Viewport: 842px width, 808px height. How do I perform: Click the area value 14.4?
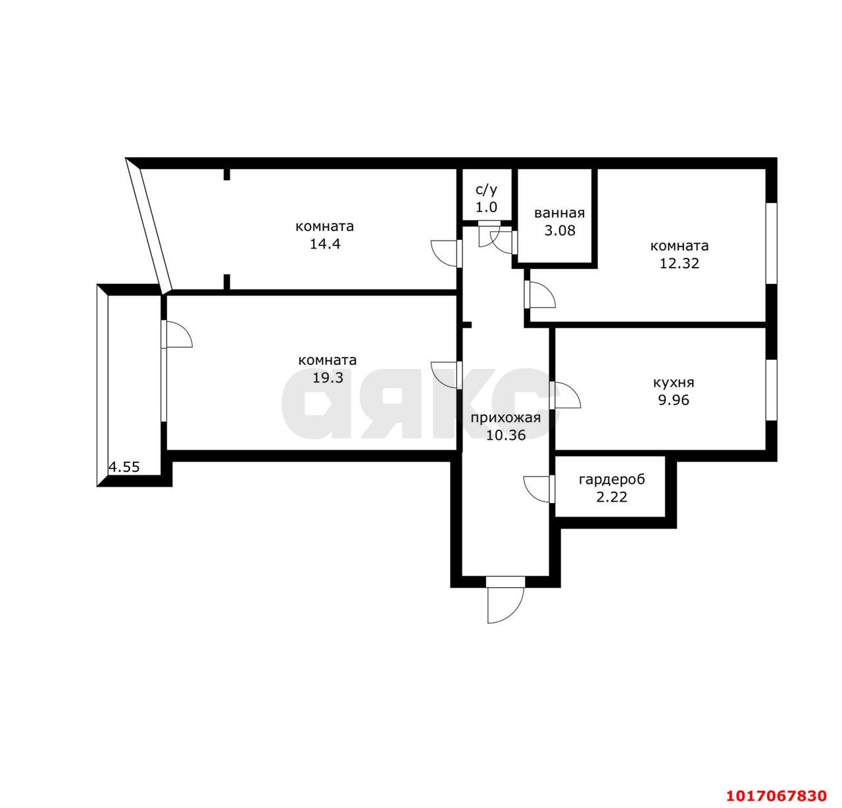[x=325, y=244]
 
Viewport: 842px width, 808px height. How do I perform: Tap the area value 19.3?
[x=328, y=378]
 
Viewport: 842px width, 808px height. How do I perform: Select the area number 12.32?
[x=680, y=264]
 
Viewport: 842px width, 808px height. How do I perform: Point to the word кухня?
[x=674, y=383]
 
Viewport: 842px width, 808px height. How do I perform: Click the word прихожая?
[x=506, y=418]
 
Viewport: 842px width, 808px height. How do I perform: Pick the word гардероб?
[x=612, y=479]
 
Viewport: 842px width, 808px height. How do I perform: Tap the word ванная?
[x=559, y=213]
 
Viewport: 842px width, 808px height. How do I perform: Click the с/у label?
[x=486, y=190]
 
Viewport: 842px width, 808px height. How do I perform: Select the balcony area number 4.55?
[x=124, y=467]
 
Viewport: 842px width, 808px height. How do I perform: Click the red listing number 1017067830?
[x=776, y=796]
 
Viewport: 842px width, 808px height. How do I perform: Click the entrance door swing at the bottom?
[x=505, y=604]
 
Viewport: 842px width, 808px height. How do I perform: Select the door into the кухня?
[x=565, y=395]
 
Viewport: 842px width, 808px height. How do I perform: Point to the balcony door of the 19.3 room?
[x=176, y=334]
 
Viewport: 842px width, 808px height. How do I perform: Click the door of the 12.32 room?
[x=540, y=295]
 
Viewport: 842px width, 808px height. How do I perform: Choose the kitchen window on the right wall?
[x=771, y=390]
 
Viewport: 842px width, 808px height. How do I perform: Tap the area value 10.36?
[x=506, y=435]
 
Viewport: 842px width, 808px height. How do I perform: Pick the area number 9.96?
[x=674, y=400]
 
